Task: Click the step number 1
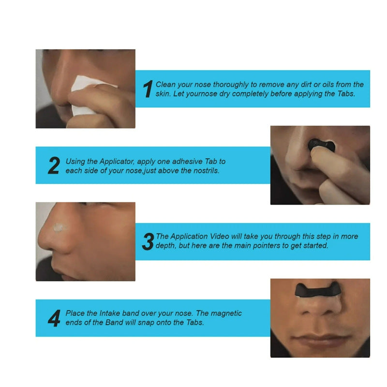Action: (x=148, y=89)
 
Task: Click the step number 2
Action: (x=54, y=165)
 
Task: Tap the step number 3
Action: (x=148, y=241)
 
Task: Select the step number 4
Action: (x=54, y=318)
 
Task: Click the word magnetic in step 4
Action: (x=226, y=313)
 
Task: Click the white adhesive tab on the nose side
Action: (x=61, y=227)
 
